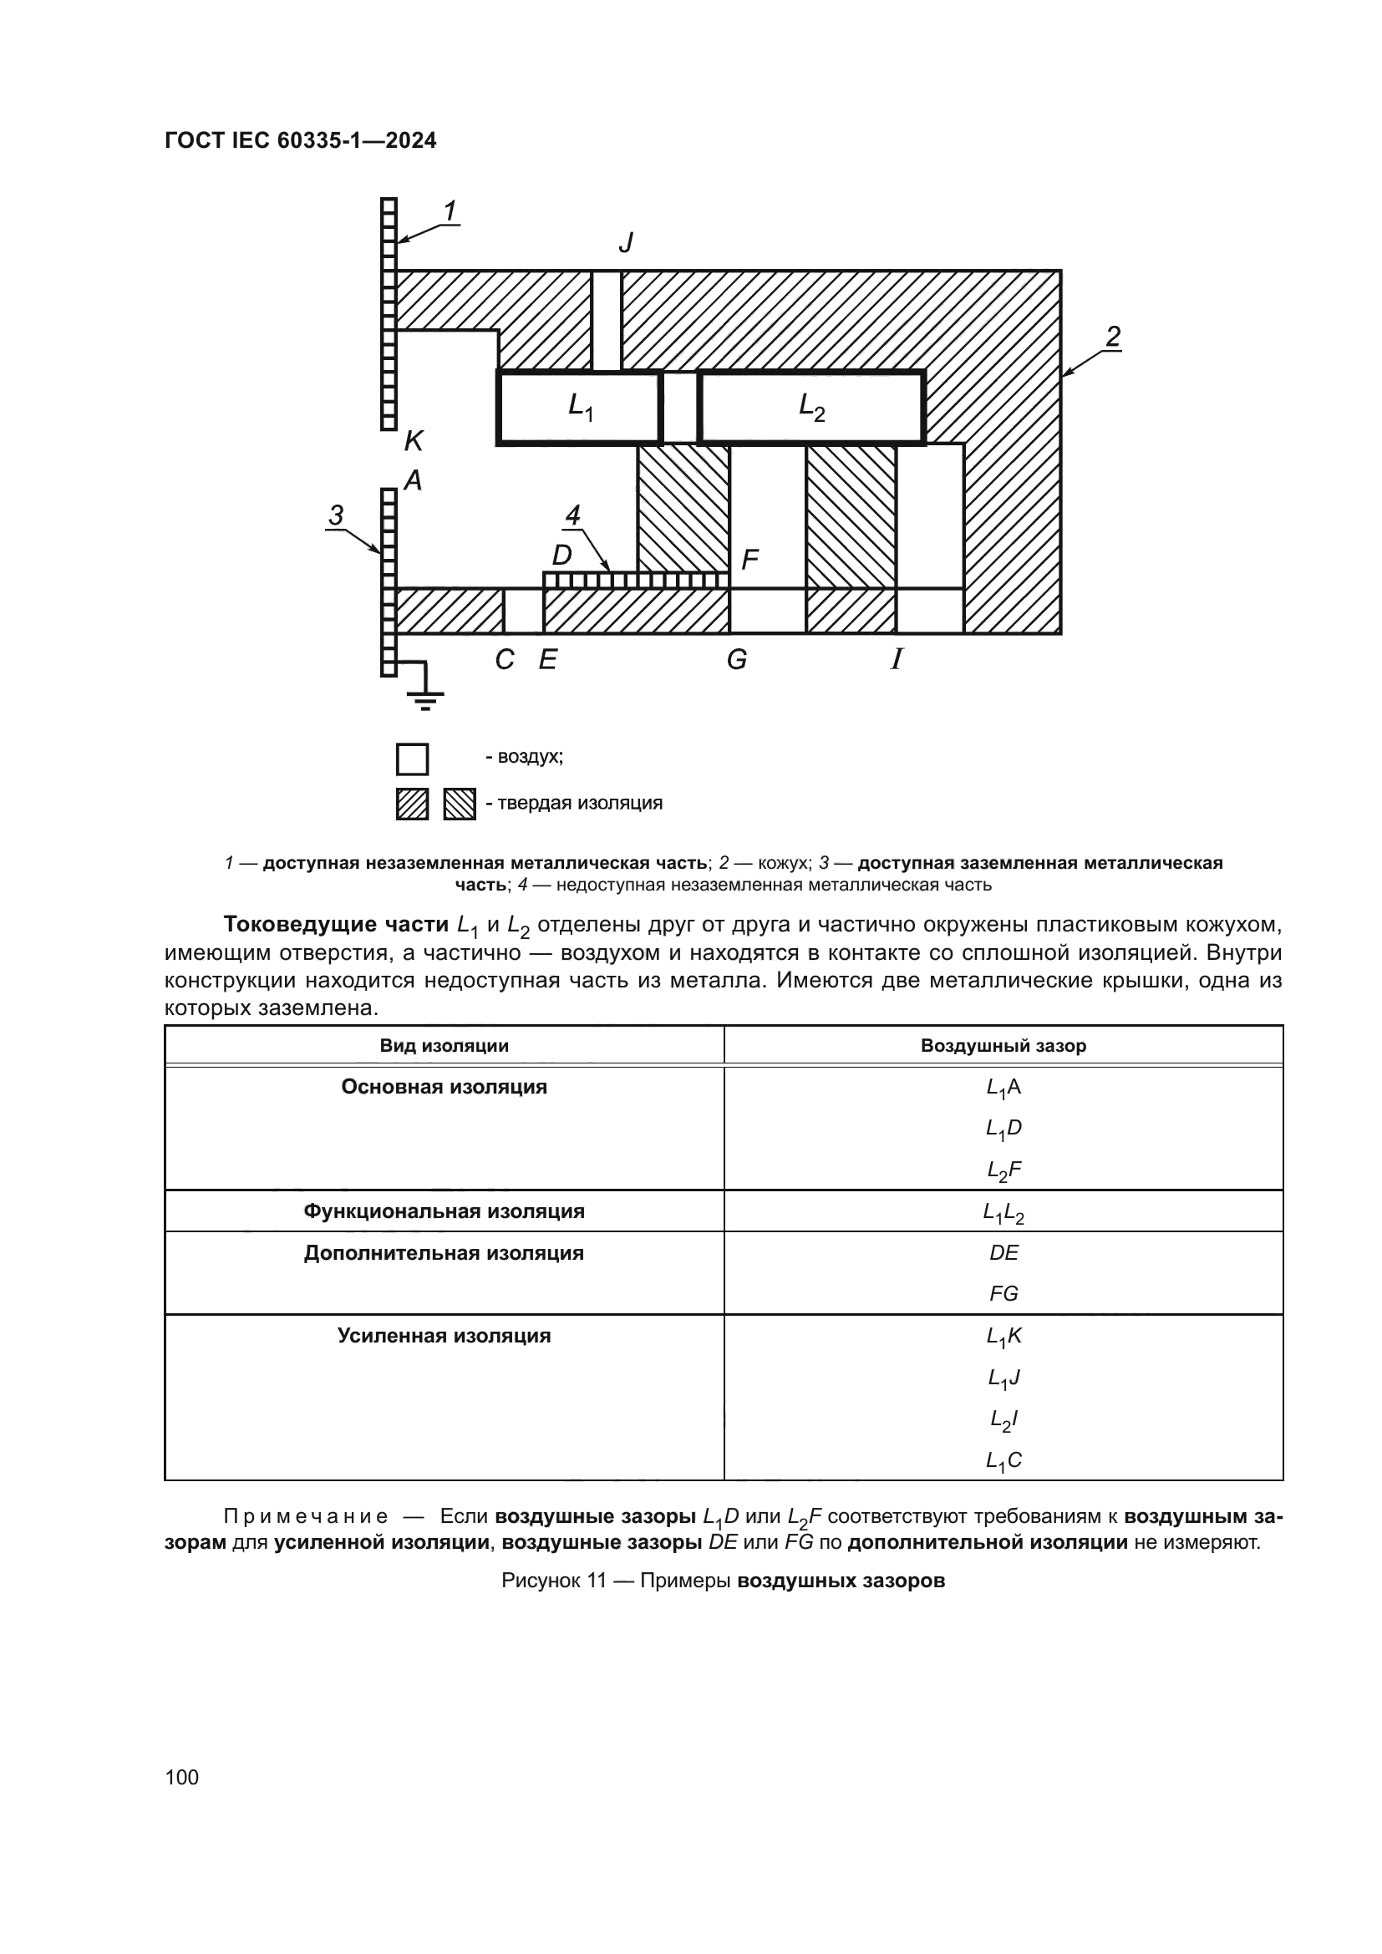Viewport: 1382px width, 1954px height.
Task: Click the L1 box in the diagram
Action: point(579,408)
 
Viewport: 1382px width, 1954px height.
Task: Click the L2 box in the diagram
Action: point(811,408)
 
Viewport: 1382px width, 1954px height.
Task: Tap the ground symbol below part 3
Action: point(424,698)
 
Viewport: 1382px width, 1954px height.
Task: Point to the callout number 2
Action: point(1112,337)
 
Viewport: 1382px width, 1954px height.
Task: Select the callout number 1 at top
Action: point(450,211)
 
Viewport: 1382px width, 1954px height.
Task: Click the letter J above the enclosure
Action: point(627,243)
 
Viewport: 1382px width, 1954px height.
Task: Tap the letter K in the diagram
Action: point(414,441)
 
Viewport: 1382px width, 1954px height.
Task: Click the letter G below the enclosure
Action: point(737,660)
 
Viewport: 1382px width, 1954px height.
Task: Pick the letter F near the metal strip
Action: point(749,559)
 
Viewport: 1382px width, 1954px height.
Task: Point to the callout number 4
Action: point(572,515)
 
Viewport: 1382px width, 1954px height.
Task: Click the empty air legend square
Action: point(413,759)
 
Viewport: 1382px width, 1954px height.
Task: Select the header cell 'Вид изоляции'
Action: point(444,1045)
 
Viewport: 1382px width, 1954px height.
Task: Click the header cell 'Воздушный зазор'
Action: point(1003,1045)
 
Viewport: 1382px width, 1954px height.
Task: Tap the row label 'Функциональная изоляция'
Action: point(444,1211)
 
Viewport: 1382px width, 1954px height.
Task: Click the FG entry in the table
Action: point(1003,1293)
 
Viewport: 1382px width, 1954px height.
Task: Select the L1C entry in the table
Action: point(1003,1461)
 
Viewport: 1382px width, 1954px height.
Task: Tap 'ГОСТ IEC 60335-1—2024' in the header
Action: point(301,140)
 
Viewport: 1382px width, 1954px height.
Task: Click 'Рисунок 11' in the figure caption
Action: point(553,1581)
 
